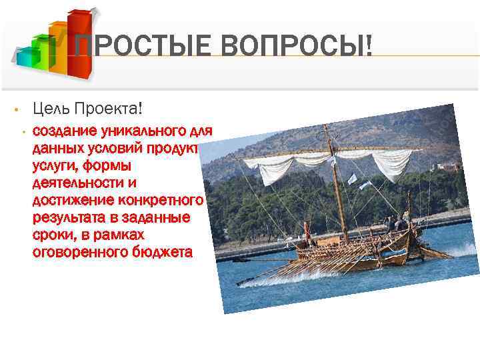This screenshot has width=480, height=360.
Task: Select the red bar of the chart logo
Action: coord(79,43)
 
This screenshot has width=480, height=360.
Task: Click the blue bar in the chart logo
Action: coord(25,58)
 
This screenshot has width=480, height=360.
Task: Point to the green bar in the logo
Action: coord(41,55)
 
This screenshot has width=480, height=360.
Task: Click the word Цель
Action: coord(52,108)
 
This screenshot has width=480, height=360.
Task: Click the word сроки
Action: coord(49,235)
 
